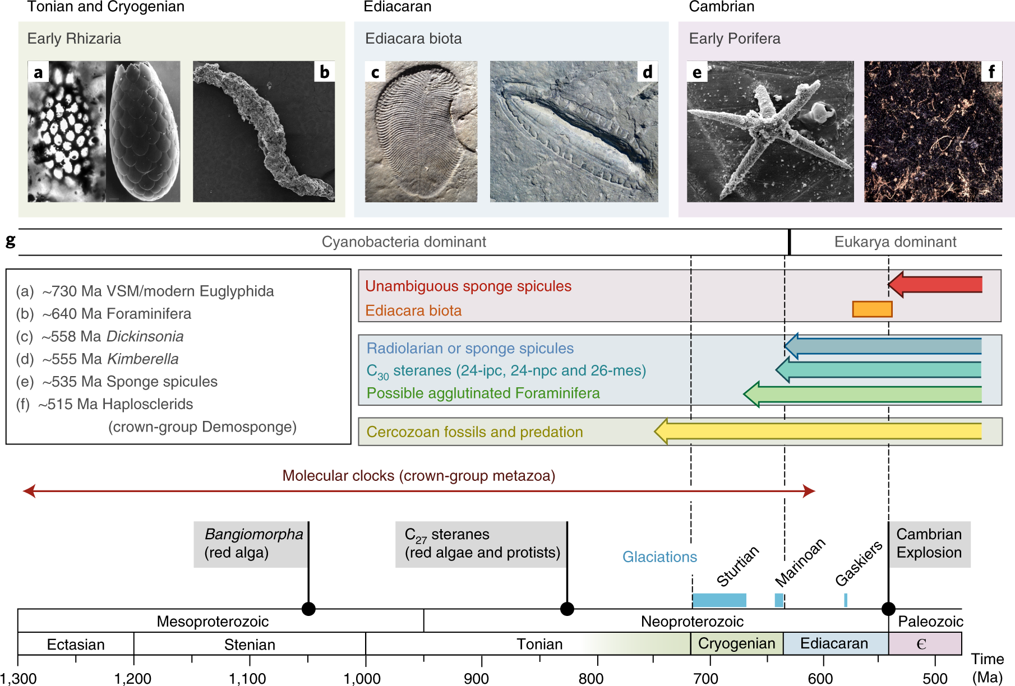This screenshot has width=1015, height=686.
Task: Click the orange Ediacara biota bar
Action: (872, 309)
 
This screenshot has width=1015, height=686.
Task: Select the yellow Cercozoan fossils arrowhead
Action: (662, 431)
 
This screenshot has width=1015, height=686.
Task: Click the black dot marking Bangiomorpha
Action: (308, 609)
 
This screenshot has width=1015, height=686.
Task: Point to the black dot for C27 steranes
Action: (567, 609)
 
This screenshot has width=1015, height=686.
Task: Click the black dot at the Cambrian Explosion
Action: (888, 609)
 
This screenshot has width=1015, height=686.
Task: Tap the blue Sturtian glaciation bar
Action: (719, 600)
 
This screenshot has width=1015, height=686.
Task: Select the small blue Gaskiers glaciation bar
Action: (846, 600)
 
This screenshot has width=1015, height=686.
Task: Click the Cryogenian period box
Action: (736, 643)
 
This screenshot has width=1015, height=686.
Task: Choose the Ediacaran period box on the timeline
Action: (834, 643)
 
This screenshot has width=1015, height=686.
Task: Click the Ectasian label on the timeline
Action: (76, 645)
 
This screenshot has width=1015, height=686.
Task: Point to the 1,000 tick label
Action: (362, 679)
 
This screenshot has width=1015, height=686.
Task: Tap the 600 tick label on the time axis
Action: (820, 679)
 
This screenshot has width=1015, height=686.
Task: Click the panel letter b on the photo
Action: (324, 72)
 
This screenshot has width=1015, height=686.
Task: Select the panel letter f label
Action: (991, 72)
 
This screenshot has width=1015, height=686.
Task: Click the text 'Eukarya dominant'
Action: (895, 242)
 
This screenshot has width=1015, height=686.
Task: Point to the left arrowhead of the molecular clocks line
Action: (29, 492)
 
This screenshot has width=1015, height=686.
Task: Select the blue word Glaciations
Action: (659, 557)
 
